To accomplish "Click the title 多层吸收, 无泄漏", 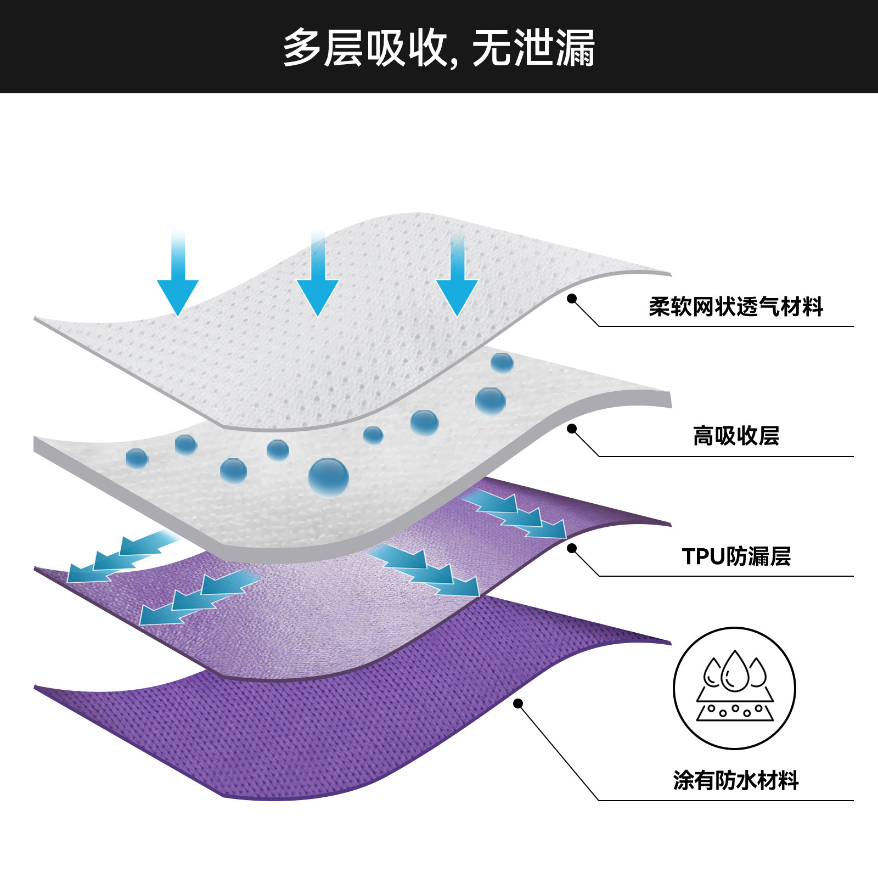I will (x=439, y=48).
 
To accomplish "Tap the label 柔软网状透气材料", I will (x=736, y=307).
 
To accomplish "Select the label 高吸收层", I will (x=736, y=436).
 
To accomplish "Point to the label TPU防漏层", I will (x=736, y=556).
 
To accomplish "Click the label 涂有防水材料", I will (x=736, y=780).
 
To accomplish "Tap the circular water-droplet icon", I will (x=734, y=688).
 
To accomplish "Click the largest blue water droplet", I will (x=328, y=477).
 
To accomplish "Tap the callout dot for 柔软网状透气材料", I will (x=572, y=299).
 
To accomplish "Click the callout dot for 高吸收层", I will (x=572, y=428).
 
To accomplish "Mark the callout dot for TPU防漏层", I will (x=572, y=548).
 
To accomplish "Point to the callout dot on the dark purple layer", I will (x=518, y=703).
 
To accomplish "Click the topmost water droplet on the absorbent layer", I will (x=502, y=363).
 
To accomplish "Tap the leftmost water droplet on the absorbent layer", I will (x=137, y=458).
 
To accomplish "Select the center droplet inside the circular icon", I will (x=735, y=672).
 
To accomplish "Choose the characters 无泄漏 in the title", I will (x=533, y=48).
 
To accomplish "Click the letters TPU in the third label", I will (x=704, y=556).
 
